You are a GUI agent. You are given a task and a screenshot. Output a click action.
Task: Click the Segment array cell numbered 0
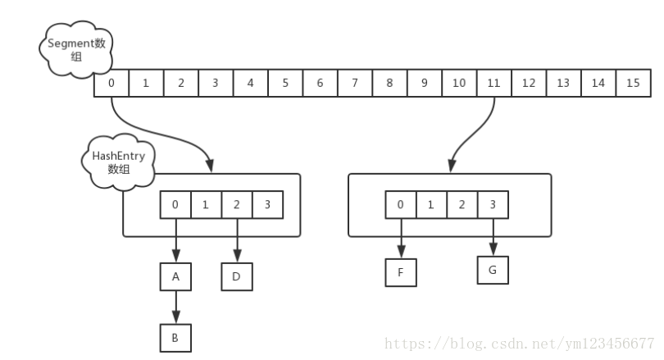pos(111,84)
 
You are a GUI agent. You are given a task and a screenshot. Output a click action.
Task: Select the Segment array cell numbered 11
pos(493,84)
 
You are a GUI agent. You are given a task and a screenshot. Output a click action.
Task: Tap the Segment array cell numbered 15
pos(632,84)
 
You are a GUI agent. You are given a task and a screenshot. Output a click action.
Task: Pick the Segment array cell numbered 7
pos(354,84)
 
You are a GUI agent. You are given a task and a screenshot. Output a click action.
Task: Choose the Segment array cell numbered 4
pos(250,84)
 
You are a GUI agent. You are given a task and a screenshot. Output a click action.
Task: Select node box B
pos(175,336)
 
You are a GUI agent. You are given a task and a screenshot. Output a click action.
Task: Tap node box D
pos(237,276)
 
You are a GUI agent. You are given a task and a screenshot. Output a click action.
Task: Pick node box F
pos(401,272)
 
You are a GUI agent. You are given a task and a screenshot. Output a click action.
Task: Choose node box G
pos(493,268)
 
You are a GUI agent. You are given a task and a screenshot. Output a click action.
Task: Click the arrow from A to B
pos(175,307)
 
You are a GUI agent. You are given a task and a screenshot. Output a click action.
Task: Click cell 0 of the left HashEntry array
pos(175,205)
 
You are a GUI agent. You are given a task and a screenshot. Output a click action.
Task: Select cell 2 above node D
pos(237,205)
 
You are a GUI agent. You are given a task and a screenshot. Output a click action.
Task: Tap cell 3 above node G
pos(493,205)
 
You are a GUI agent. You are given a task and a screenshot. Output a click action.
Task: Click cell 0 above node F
pos(400,205)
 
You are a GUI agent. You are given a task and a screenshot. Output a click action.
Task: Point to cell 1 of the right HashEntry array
pos(431,205)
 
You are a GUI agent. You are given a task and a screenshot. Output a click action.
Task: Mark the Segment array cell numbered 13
pos(563,84)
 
